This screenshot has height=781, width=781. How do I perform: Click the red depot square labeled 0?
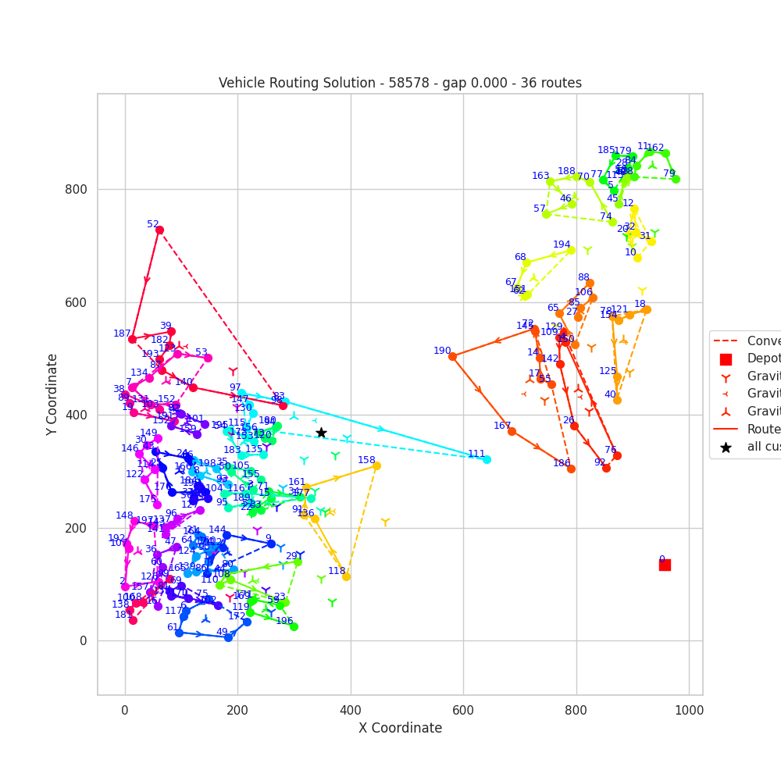coord(665,565)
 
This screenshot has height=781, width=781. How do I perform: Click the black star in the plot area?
coord(321,433)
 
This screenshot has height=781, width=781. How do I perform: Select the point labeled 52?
coord(159,230)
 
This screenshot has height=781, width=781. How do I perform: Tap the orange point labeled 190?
coord(452,356)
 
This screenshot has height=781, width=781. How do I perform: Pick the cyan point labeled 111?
coord(487,459)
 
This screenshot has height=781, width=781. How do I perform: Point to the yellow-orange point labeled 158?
coord(376,465)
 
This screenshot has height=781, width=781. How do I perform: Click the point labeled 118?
coord(346,576)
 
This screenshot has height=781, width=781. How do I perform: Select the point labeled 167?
coord(512,431)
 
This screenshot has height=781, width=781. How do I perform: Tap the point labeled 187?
coord(132,339)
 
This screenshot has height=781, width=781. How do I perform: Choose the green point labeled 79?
coord(676,179)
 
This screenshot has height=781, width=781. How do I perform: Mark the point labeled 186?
coord(571,469)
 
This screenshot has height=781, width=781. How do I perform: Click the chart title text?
coord(400,83)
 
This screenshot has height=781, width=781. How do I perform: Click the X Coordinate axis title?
coord(400,728)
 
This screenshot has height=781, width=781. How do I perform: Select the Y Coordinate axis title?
coord(52,394)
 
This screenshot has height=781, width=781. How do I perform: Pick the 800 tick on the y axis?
coord(81,189)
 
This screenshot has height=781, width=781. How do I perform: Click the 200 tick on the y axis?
coord(81,528)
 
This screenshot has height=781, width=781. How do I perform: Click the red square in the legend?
coord(726,359)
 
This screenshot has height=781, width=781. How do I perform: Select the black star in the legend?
coord(726,448)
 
